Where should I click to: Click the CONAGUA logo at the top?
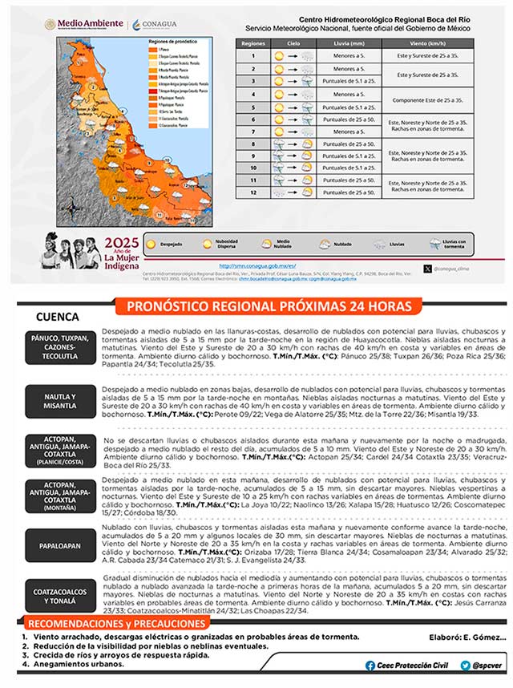(x=151, y=25)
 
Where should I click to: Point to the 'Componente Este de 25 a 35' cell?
(x=425, y=99)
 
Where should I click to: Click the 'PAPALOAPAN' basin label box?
(x=61, y=544)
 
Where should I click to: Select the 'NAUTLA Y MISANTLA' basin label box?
(x=61, y=400)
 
